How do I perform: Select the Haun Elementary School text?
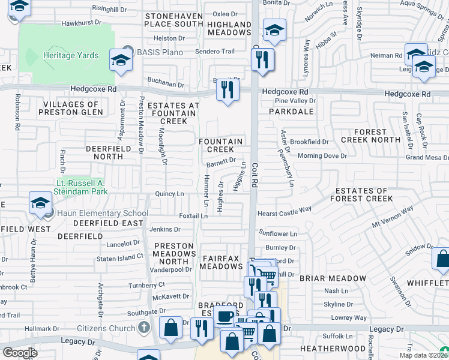103,213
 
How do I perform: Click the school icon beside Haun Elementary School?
40,202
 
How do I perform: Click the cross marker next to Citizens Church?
143,328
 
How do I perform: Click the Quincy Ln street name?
169,194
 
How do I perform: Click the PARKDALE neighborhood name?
291,112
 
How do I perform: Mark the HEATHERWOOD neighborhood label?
333,348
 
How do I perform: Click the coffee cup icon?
224,316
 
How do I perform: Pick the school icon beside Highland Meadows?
274,30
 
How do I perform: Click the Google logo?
20,353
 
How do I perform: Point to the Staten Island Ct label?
120,258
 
